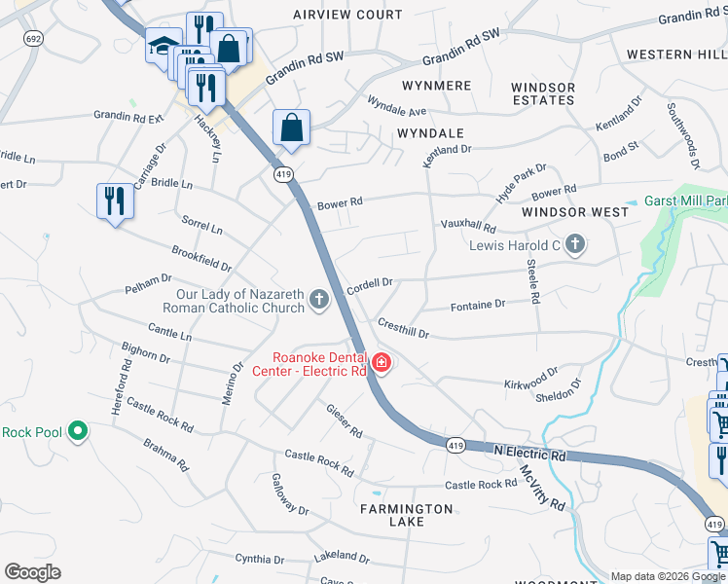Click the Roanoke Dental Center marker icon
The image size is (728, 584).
(x=381, y=364)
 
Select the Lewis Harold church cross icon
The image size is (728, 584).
(x=574, y=244)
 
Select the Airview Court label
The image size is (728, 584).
(x=347, y=15)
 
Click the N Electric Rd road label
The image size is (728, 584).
(x=529, y=454)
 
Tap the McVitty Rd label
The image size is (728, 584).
(x=542, y=488)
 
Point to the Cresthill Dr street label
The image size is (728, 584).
(x=403, y=328)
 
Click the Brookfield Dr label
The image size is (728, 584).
(x=201, y=258)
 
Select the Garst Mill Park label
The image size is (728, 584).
(x=685, y=201)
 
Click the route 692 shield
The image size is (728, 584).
(x=33, y=38)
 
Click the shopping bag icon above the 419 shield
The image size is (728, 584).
(x=291, y=128)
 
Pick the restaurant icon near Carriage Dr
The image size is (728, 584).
(x=115, y=201)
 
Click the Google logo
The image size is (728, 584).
(x=32, y=572)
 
